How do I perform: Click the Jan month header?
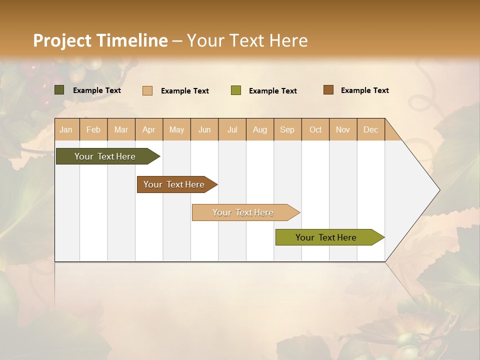tap(66, 129)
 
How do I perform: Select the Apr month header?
tap(149, 129)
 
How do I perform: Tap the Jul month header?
tap(232, 129)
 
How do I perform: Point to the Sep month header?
tap(287, 129)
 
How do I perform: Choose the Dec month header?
tap(370, 129)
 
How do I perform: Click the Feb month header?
tap(93, 129)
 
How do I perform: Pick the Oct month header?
tap(315, 129)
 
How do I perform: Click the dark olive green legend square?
tap(59, 90)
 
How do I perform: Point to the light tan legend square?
tap(147, 90)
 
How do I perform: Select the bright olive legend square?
tap(236, 90)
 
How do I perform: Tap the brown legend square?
tap(328, 90)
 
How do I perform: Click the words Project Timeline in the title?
tap(100, 40)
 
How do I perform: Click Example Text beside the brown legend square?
tap(364, 90)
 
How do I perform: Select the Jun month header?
tap(204, 129)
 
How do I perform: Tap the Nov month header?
tap(343, 129)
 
